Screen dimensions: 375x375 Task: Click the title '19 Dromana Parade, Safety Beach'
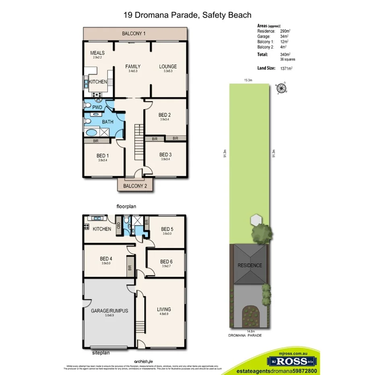[x=187, y=15]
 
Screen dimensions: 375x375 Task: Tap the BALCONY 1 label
[x=134, y=34]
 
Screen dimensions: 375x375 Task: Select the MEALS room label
[x=97, y=53]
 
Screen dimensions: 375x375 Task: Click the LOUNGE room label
[x=168, y=67]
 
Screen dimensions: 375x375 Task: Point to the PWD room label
[x=97, y=107]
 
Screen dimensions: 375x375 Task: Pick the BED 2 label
[x=165, y=115]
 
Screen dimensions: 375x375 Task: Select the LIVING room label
[x=164, y=309]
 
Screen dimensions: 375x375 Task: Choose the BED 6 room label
[x=166, y=262]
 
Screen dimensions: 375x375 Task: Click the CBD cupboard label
[x=119, y=225]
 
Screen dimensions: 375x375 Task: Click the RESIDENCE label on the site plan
[x=249, y=266]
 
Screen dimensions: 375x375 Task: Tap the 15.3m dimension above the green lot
[x=248, y=80]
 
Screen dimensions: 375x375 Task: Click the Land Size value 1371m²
[x=286, y=68]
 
